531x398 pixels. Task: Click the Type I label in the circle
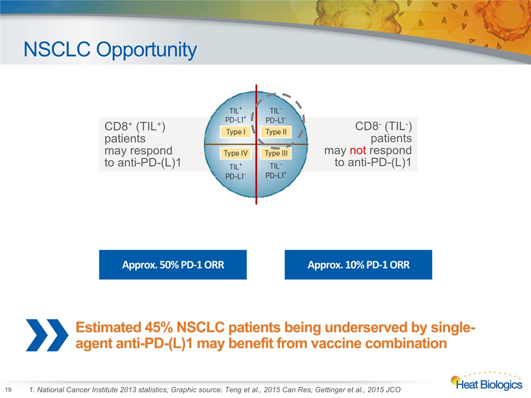pyautogui.click(x=236, y=132)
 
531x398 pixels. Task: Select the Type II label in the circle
pyautogui.click(x=275, y=132)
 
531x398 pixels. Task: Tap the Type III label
pyautogui.click(x=275, y=153)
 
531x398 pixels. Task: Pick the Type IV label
pyautogui.click(x=236, y=153)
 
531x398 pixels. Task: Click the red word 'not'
pyautogui.click(x=358, y=150)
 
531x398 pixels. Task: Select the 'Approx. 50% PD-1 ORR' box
pyautogui.click(x=173, y=265)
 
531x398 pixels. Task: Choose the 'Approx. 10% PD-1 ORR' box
pyautogui.click(x=358, y=265)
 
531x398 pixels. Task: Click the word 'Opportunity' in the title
pyautogui.click(x=146, y=50)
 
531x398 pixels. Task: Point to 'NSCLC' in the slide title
pyautogui.click(x=57, y=49)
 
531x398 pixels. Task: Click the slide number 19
pyautogui.click(x=8, y=390)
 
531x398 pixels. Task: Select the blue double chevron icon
pyautogui.click(x=47, y=335)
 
